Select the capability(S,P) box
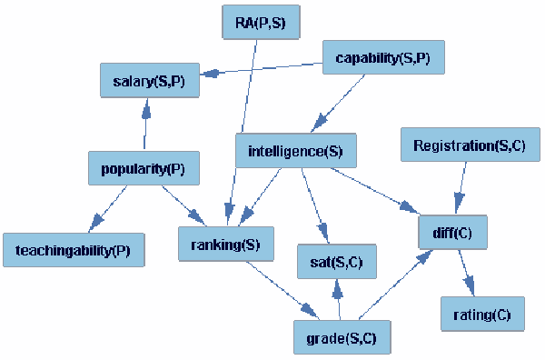click(373, 58)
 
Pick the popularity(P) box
click(144, 168)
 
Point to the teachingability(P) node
click(73, 249)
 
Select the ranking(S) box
click(226, 245)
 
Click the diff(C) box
click(453, 232)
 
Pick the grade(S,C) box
click(342, 337)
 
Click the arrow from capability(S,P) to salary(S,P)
click(263, 67)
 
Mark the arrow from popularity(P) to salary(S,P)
click(144, 125)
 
